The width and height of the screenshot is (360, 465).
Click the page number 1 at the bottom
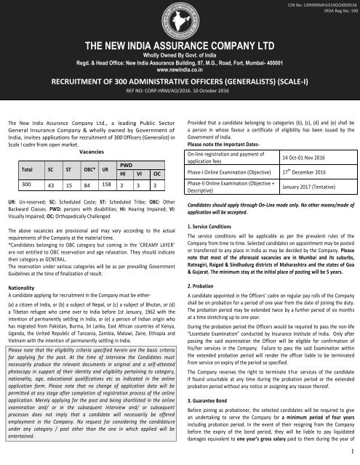[x=351, y=452]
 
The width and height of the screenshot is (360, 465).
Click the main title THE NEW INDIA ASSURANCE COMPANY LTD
[x=179, y=45]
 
